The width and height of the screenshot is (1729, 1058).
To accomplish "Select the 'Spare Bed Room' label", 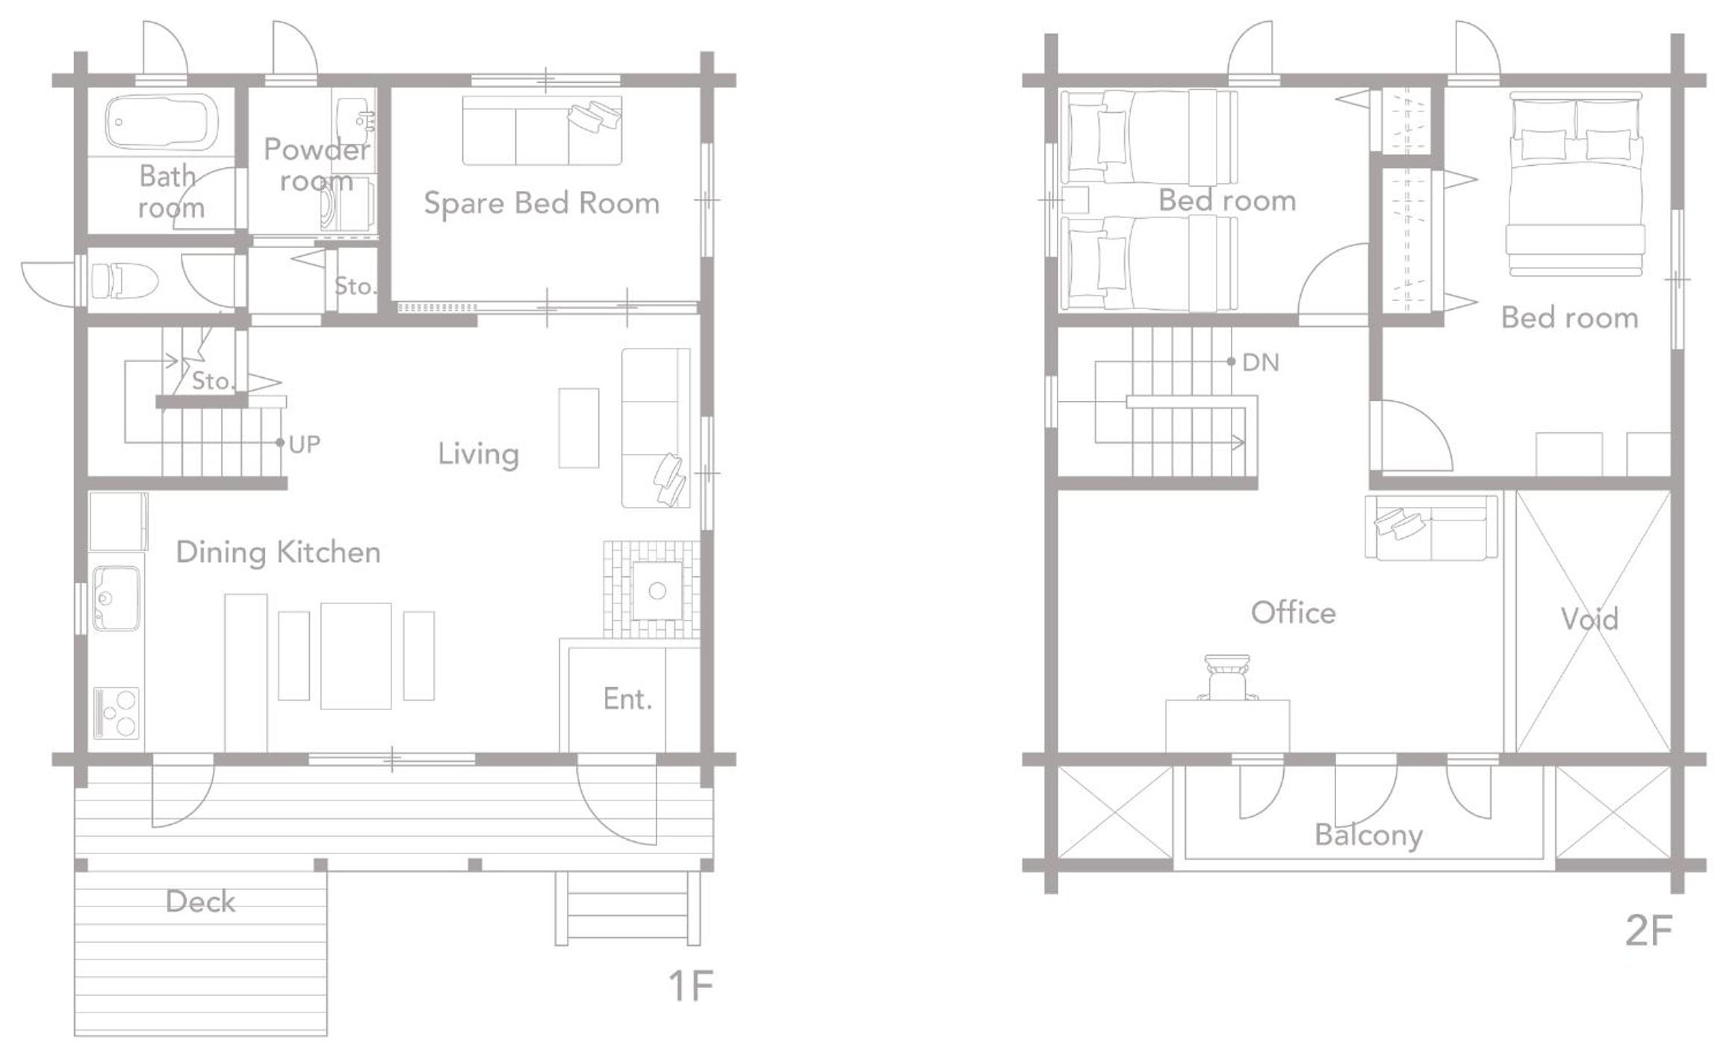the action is [x=541, y=204].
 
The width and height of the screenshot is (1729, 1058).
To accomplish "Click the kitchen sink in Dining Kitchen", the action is [x=116, y=598].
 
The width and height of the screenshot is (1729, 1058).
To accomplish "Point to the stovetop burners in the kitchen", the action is [x=117, y=713].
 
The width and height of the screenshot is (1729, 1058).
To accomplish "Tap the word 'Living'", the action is [x=478, y=454].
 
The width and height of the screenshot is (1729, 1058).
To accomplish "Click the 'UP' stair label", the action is [x=305, y=445].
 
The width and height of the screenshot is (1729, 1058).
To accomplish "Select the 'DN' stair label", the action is [x=1261, y=363].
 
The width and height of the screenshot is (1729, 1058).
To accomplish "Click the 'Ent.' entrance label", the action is [x=627, y=700].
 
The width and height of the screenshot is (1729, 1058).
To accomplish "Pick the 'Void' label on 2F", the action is [x=1589, y=619].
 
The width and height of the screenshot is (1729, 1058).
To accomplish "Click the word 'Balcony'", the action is [x=1368, y=835].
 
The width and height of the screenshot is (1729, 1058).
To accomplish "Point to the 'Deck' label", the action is [x=200, y=902].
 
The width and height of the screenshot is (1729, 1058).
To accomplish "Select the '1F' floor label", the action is [x=691, y=986].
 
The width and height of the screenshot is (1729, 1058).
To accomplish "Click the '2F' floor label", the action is [x=1648, y=930].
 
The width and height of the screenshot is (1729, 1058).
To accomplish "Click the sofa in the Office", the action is [x=1432, y=527].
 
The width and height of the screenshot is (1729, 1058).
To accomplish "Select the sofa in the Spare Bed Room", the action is [x=542, y=131].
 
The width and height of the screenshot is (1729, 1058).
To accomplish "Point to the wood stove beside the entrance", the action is [x=657, y=591].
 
